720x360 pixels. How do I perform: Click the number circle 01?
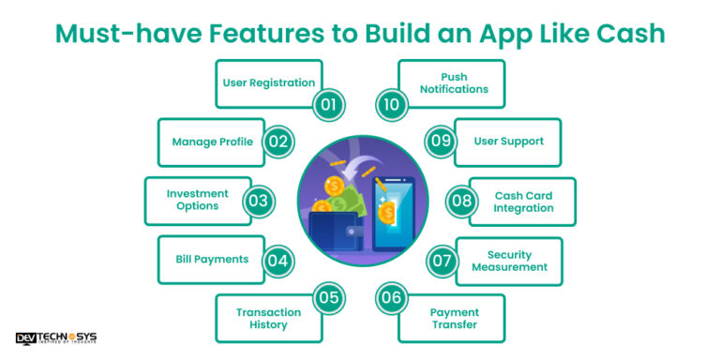(328, 103)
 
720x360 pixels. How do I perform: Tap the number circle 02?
(277, 142)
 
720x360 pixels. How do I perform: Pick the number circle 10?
(392, 103)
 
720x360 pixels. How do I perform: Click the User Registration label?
(268, 82)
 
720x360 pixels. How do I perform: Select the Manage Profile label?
(212, 142)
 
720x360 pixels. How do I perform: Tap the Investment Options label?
(198, 200)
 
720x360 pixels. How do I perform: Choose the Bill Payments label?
(212, 259)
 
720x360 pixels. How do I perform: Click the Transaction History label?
(268, 318)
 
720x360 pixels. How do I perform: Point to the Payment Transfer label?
(454, 318)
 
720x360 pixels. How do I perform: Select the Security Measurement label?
(509, 260)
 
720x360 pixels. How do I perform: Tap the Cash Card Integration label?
(523, 201)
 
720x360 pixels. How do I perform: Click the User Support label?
(509, 142)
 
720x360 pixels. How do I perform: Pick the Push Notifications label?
(454, 82)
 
